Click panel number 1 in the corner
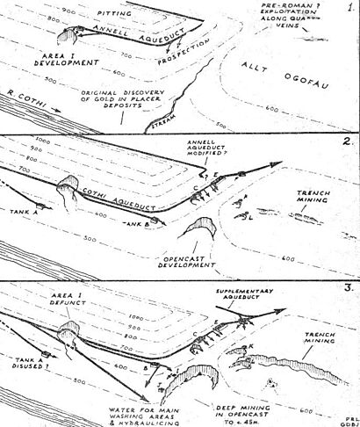point(348,10)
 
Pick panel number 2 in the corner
point(344,142)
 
